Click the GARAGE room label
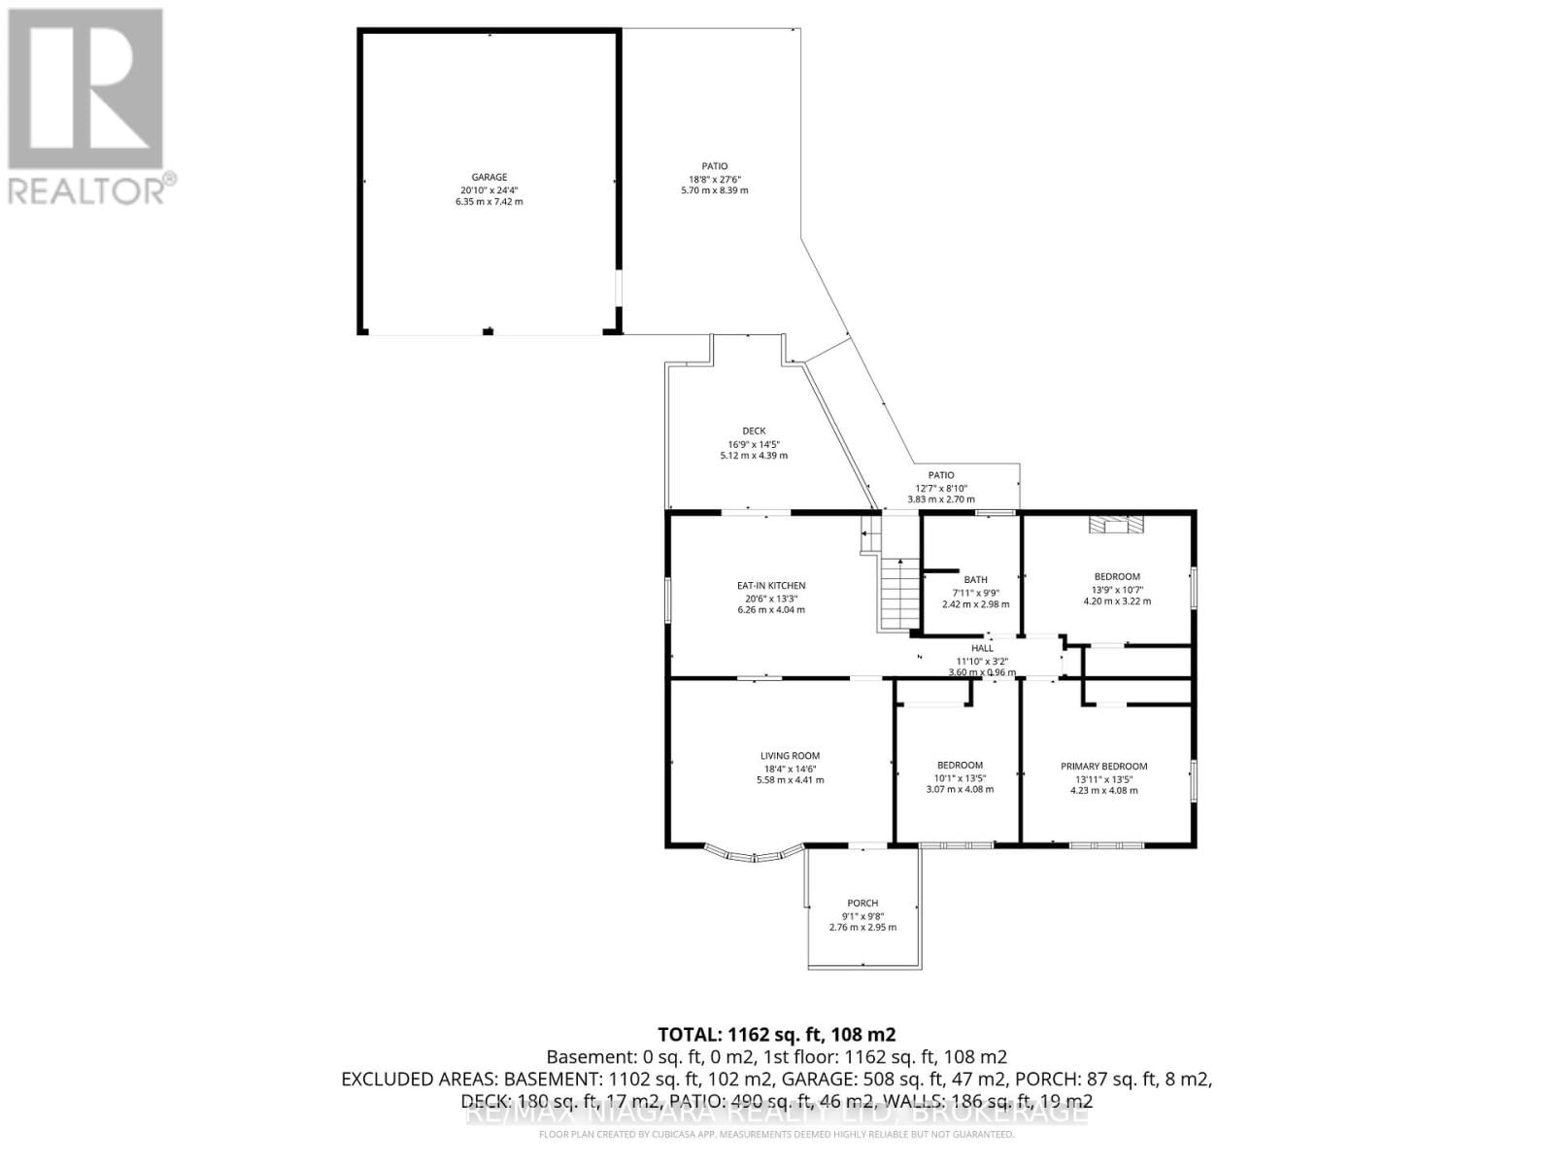click(490, 178)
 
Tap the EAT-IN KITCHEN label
click(771, 586)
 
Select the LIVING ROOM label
click(790, 756)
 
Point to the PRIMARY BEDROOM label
click(1104, 766)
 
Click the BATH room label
click(975, 580)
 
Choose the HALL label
click(982, 648)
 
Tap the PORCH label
click(862, 903)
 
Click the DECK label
click(754, 431)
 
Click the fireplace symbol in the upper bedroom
click(1115, 525)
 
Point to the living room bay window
click(754, 854)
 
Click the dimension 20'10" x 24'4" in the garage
click(490, 190)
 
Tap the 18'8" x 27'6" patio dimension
click(715, 179)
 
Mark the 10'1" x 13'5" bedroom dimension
click(960, 777)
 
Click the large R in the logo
click(85, 89)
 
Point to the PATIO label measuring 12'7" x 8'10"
click(940, 475)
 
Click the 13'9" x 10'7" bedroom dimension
click(1117, 589)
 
